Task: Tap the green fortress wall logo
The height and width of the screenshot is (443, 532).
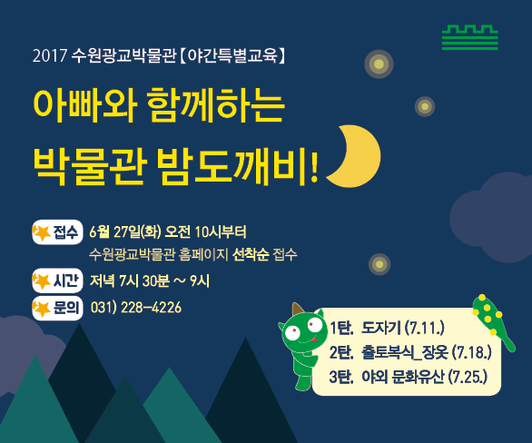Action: tap(470, 37)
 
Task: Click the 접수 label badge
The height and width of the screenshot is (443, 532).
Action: tap(57, 232)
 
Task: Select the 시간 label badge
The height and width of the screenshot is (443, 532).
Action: tap(57, 281)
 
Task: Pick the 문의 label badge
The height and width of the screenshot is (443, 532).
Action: tap(57, 308)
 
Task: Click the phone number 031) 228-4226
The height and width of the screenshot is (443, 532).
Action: tap(136, 308)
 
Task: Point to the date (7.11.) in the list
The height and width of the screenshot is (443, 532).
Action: tap(425, 328)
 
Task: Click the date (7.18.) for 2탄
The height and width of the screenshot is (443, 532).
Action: tap(471, 352)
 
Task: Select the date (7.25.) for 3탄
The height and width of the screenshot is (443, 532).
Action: tap(468, 377)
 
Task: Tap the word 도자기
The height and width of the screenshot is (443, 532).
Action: tap(381, 328)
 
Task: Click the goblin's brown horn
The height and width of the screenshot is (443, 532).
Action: tap(297, 310)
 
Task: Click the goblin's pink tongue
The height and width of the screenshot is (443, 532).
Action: tap(314, 339)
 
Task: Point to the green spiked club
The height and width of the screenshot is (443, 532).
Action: tap(493, 321)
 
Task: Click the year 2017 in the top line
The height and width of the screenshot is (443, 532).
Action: tap(49, 55)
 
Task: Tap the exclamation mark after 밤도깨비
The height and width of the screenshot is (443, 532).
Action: tap(314, 167)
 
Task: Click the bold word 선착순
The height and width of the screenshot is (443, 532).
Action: tap(251, 254)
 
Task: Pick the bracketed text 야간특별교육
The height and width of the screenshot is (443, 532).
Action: tap(232, 55)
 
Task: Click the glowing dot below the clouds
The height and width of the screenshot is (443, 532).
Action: tap(379, 264)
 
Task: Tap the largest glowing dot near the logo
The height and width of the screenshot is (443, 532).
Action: tap(379, 64)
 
